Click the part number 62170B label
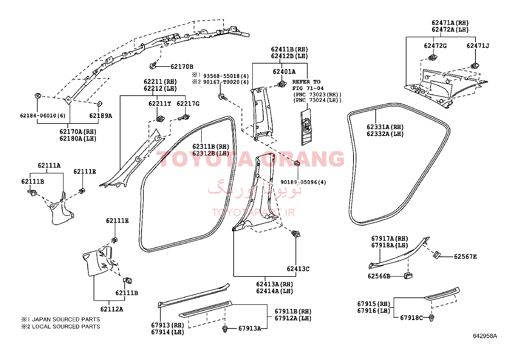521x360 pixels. pyautogui.click(x=182, y=66)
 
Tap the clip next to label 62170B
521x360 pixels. pyautogui.click(x=153, y=66)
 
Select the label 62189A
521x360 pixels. pyautogui.click(x=101, y=116)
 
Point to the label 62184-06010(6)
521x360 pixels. pyautogui.click(x=43, y=116)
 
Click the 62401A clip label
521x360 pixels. pyautogui.click(x=284, y=72)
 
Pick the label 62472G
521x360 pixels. pyautogui.click(x=435, y=46)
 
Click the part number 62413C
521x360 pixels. pyautogui.click(x=298, y=269)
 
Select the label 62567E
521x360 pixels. pyautogui.click(x=465, y=256)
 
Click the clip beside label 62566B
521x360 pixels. pyautogui.click(x=408, y=276)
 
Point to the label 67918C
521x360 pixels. pyautogui.click(x=411, y=318)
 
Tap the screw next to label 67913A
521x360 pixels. pyautogui.click(x=225, y=329)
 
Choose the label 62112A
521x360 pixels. pyautogui.click(x=112, y=309)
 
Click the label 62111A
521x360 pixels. pyautogui.click(x=49, y=165)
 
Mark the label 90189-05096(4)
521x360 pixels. pyautogui.click(x=303, y=182)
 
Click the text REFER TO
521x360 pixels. pyautogui.click(x=306, y=82)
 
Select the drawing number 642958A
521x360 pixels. pyautogui.click(x=485, y=336)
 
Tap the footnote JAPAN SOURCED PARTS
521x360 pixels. pyautogui.click(x=66, y=319)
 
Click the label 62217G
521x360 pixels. pyautogui.click(x=188, y=104)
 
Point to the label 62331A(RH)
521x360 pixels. pyautogui.click(x=385, y=127)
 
